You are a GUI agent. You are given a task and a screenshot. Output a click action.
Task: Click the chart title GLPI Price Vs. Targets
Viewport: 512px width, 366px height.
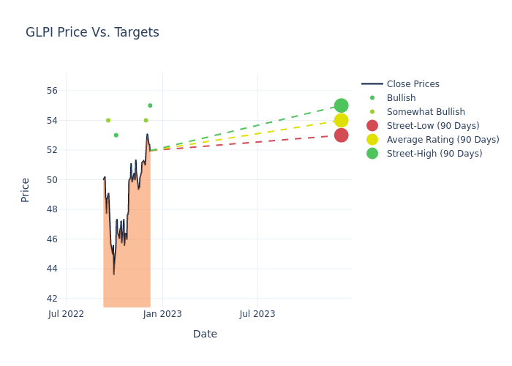click(x=92, y=32)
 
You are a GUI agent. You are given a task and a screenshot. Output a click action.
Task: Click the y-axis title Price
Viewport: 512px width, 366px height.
click(x=26, y=190)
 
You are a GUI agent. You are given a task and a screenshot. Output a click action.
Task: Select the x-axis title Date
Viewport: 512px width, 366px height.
click(x=205, y=334)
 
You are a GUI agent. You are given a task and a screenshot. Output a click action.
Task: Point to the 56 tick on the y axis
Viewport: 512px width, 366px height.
click(x=51, y=91)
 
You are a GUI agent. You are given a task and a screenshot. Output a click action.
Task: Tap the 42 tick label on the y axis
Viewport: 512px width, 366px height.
click(x=51, y=299)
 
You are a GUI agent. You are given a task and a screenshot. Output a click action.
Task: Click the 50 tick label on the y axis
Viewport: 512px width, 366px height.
click(x=51, y=180)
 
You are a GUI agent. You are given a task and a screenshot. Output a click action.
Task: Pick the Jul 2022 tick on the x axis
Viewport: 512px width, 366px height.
click(x=66, y=314)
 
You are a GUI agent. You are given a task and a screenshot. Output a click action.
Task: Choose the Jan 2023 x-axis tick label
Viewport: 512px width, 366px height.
click(x=162, y=314)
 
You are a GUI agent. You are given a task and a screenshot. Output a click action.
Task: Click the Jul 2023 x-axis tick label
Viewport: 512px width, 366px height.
click(x=257, y=314)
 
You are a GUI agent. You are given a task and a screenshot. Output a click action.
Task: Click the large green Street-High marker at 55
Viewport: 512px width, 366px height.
click(x=341, y=105)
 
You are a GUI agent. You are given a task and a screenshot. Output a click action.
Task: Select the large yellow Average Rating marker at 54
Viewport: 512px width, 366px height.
click(x=341, y=120)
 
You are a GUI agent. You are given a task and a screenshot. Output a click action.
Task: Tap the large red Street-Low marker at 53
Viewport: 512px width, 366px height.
click(x=341, y=135)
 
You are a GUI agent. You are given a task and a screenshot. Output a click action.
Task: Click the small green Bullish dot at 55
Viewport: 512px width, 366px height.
click(x=150, y=105)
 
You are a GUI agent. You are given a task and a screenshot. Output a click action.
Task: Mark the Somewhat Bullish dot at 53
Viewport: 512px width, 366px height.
click(x=116, y=135)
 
